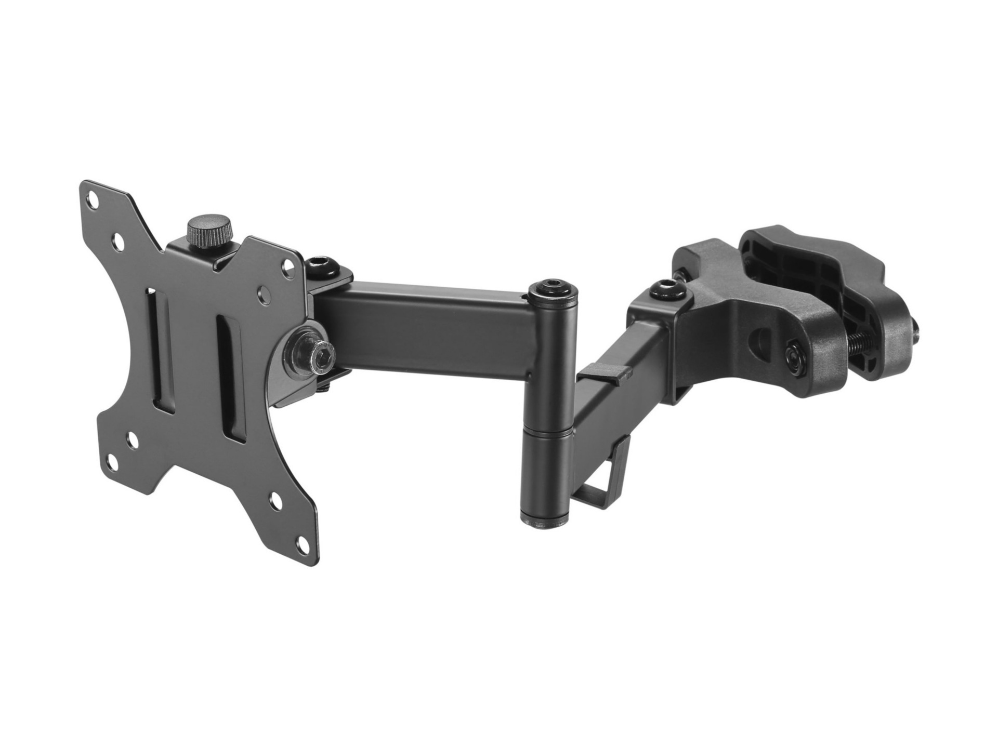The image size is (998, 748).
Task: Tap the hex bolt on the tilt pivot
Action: pyautogui.click(x=318, y=353)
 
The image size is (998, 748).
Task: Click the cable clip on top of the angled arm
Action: pyautogui.click(x=605, y=369)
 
